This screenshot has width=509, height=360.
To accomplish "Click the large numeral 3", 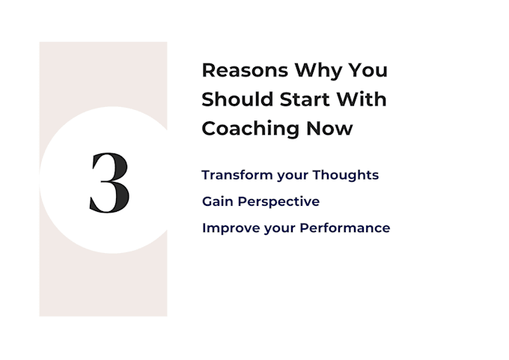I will point(109,183).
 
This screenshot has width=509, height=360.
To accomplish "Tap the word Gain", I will point(218,201).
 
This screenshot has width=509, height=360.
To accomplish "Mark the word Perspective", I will point(278,202).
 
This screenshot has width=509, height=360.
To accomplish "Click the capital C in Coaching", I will point(210,128).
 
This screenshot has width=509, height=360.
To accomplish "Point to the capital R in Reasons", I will point(209,70).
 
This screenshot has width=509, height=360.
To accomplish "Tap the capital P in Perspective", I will point(242,201).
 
